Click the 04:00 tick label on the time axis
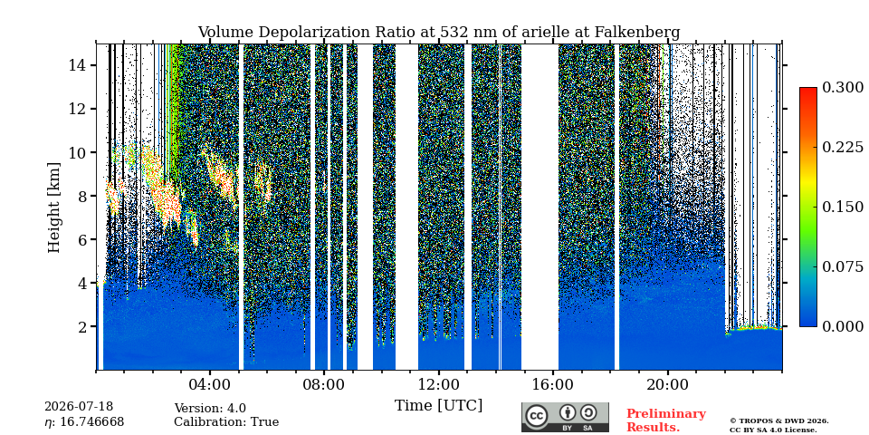210,384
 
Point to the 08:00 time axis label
324,384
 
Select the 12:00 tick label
439,384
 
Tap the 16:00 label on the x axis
553,384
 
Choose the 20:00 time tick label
667,384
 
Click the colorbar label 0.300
843,88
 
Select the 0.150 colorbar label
843,207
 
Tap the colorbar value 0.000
843,326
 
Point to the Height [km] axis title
53,208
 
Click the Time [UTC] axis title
438,405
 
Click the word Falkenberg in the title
636,33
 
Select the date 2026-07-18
79,407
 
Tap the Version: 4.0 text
210,409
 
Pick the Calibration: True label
226,422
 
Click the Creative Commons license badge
565,417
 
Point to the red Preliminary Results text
666,420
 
